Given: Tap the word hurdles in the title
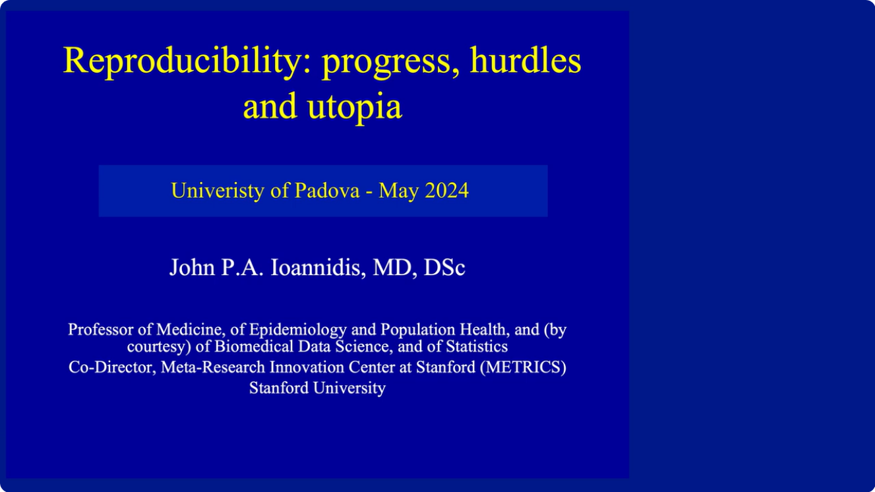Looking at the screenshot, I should pos(526,61).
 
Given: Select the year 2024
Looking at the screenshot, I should pos(446,191).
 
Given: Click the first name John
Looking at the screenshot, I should pos(191,268).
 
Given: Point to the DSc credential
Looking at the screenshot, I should pos(444,268).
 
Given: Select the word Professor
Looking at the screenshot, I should pos(98,329).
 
